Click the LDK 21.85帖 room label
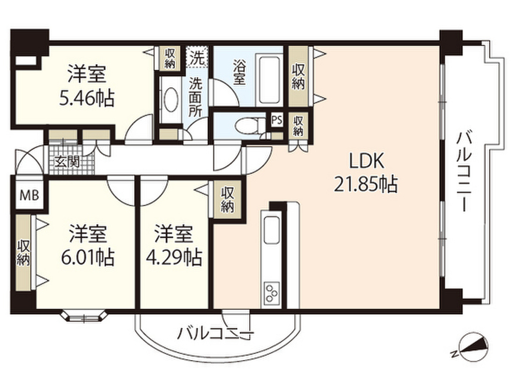(366, 172)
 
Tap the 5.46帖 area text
(87, 98)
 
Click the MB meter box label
(29, 196)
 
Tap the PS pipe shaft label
(277, 120)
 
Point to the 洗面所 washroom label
(195, 98)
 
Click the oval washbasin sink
(170, 100)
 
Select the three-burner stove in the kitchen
(272, 292)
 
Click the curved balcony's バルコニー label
(216, 334)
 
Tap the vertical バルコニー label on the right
(464, 171)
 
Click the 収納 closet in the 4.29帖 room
(227, 200)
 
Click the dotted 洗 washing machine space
(197, 57)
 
